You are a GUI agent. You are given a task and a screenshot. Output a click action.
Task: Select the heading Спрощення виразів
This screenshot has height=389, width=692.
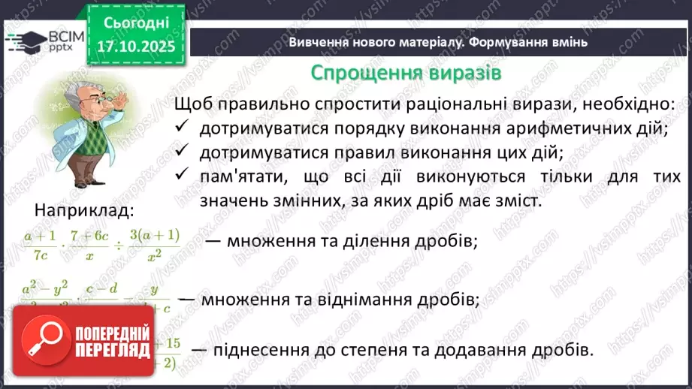(x=406, y=74)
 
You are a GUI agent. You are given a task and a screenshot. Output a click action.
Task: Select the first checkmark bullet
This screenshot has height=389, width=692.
(x=180, y=128)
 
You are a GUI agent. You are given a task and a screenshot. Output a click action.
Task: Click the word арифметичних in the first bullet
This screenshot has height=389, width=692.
(x=536, y=128)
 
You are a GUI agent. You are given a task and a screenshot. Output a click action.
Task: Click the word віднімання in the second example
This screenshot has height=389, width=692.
(x=373, y=299)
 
